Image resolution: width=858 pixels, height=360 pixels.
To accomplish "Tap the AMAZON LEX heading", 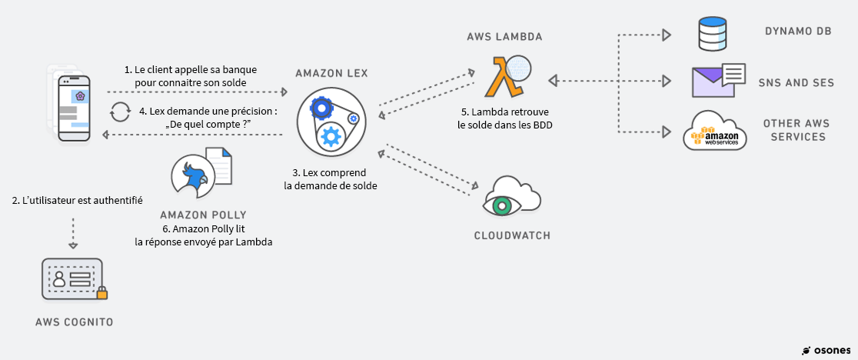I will [331, 73].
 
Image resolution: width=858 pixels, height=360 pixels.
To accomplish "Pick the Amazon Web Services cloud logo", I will [715, 132].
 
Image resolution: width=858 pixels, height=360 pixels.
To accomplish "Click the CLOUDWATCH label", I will [512, 235].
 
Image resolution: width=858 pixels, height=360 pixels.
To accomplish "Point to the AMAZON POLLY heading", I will [203, 215].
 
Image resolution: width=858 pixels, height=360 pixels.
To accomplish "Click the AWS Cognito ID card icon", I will [71, 278].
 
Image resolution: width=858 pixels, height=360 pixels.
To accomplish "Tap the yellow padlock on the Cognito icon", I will [101, 292].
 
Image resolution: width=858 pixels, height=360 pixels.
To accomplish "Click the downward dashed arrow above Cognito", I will [73, 233].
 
